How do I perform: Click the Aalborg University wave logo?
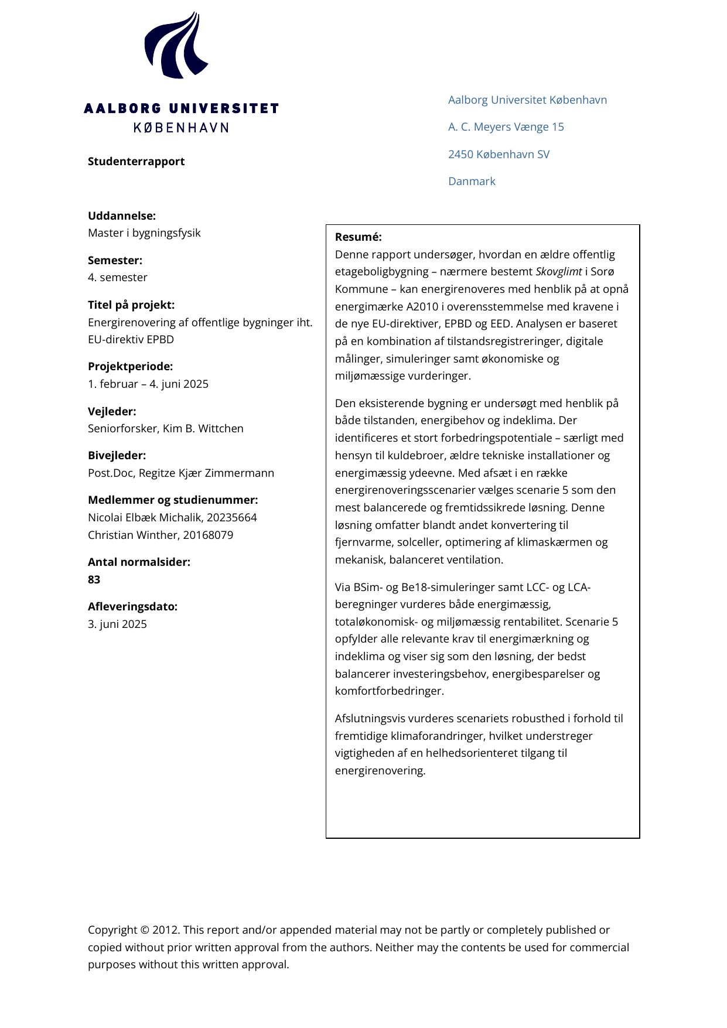tap(176, 46)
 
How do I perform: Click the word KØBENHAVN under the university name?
tap(181, 128)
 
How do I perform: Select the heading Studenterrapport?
tap(136, 162)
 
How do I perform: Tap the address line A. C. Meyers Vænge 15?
tap(506, 127)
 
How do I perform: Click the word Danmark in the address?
tap(472, 182)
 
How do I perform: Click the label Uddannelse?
tap(122, 216)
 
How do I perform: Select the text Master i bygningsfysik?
tap(144, 233)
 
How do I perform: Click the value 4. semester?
tap(118, 278)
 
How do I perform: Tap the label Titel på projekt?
tap(131, 305)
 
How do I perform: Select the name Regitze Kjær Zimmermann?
tap(206, 473)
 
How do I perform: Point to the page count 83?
tap(94, 580)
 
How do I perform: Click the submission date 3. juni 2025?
tap(117, 624)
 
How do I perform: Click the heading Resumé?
tap(358, 237)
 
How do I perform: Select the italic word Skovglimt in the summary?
tap(558, 272)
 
